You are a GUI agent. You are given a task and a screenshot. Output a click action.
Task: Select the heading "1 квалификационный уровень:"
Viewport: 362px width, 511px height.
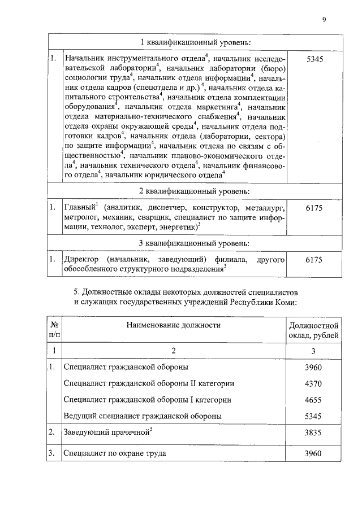coord(195,42)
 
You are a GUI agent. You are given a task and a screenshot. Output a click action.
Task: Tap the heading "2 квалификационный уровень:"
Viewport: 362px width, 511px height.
coord(195,192)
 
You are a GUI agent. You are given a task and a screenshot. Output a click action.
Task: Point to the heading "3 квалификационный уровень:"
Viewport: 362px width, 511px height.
coord(195,243)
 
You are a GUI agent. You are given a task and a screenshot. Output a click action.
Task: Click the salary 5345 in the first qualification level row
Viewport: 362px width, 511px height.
coord(314,59)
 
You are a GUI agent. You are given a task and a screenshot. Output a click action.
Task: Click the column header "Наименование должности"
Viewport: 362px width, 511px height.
coord(174,325)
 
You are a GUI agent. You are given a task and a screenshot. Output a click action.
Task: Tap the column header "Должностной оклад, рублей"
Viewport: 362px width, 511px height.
coord(313,331)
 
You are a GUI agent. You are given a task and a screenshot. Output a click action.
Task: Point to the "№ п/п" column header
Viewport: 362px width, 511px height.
coord(55,331)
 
